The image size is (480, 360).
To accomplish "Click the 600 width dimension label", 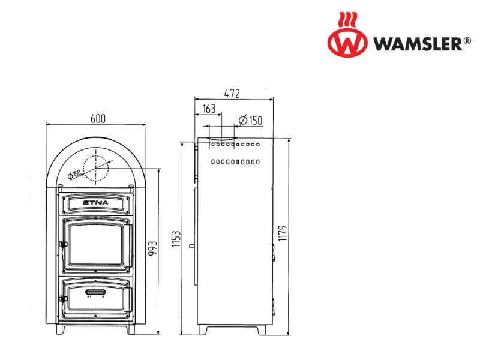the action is (x=98, y=118).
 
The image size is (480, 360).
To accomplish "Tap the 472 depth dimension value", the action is (x=232, y=94).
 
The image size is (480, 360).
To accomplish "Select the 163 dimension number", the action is (x=209, y=109).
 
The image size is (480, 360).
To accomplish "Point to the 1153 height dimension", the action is (x=176, y=239).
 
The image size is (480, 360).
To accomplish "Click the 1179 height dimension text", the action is (x=283, y=233).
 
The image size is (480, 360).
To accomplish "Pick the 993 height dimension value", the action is (x=152, y=248).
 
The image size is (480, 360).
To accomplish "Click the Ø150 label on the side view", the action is (x=250, y=121).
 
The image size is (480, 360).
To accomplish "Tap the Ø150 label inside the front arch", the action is (x=74, y=174).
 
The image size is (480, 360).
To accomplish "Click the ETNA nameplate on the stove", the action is (x=95, y=203).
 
